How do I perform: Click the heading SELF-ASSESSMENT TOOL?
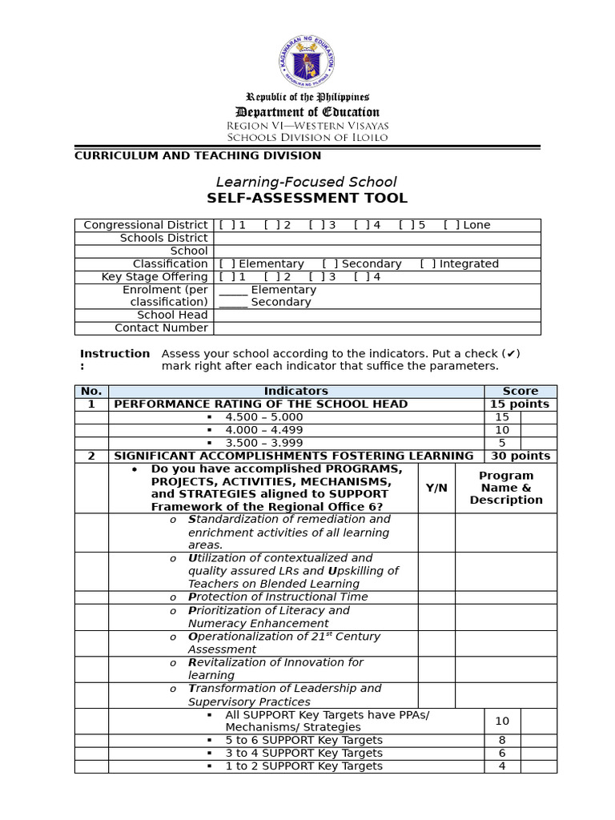307,198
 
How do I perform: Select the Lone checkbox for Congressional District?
451,225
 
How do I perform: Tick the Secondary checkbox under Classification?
329,263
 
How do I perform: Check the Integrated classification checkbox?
428,263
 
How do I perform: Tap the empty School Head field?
376,315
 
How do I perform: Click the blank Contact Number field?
376,328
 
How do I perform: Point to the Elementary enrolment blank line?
233,290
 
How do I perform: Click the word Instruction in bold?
115,353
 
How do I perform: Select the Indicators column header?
295,391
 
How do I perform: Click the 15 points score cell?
520,404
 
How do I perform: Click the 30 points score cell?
520,456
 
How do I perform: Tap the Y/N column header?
436,488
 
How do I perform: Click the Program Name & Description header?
506,488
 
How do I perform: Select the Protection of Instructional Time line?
278,597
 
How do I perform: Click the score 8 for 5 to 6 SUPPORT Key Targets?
502,740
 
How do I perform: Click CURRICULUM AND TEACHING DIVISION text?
198,155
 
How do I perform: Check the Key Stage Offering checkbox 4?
361,276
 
